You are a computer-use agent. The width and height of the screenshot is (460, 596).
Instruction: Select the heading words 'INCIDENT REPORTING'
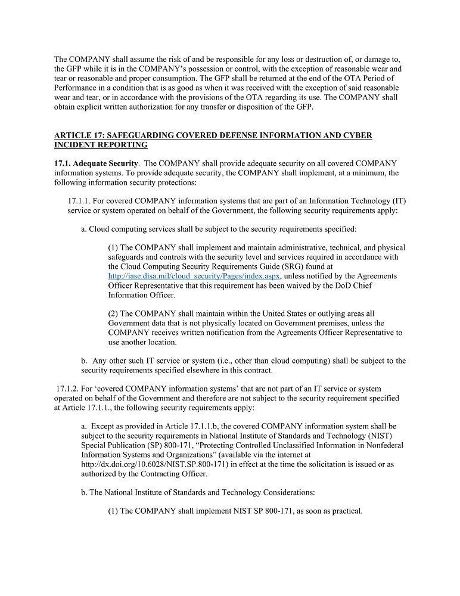click(x=101, y=145)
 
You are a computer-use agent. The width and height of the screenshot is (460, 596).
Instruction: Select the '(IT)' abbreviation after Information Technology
click(x=399, y=201)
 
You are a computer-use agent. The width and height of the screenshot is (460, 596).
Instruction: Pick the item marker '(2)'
click(x=113, y=313)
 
